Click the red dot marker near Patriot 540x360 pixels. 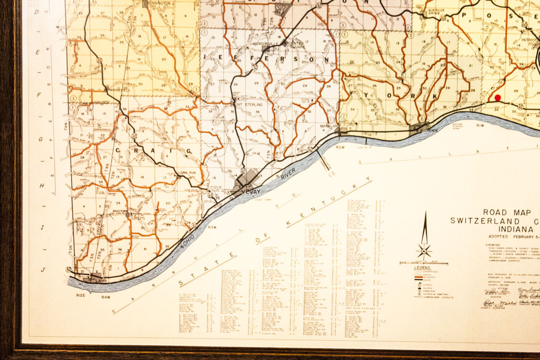(497, 98)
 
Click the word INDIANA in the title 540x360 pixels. (504, 228)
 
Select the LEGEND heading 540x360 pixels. (422, 268)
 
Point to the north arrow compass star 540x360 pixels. (424, 250)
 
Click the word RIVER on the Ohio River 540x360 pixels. (289, 174)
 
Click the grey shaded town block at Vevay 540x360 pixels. (248, 179)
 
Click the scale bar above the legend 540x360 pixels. (424, 263)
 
